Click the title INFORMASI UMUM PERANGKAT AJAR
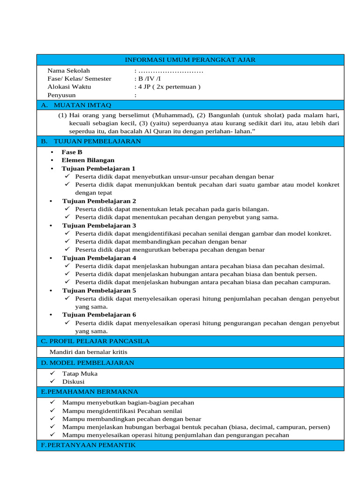point(190,60)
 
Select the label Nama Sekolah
point(68,70)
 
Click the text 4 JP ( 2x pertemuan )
point(167,87)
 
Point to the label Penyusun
point(61,95)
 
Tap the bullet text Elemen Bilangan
point(88,160)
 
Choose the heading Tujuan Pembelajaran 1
point(99,168)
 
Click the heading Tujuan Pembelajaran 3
point(99,225)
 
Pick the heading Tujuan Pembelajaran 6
point(99,315)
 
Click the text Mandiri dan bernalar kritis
point(88,352)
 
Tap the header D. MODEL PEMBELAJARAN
point(88,363)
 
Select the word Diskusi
point(74,382)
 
